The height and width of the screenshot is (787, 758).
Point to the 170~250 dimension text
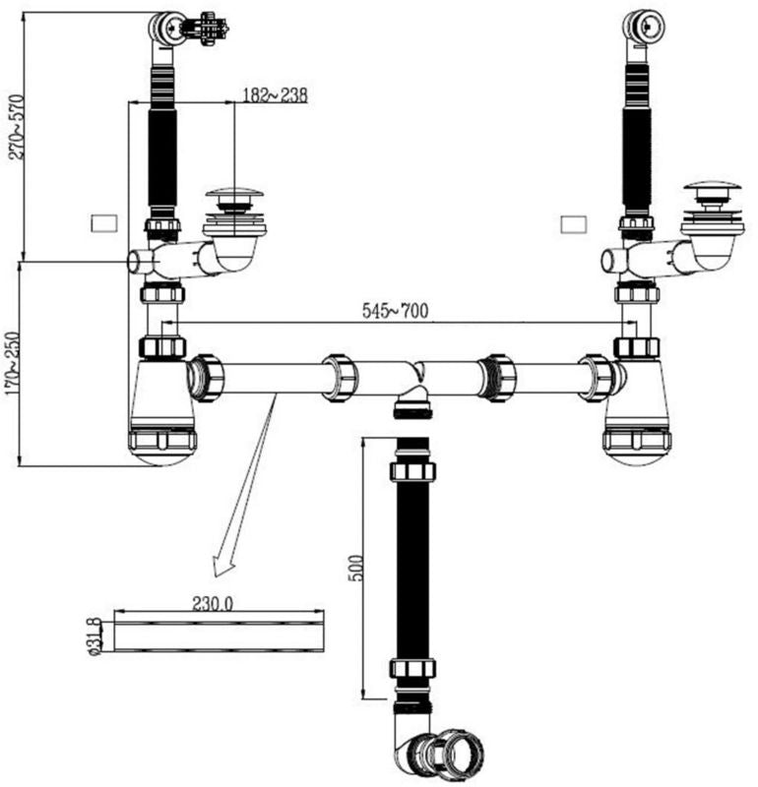point(12,363)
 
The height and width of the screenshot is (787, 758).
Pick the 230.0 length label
point(213,603)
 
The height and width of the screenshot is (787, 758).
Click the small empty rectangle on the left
point(104,223)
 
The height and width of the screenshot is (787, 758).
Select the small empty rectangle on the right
point(573,224)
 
